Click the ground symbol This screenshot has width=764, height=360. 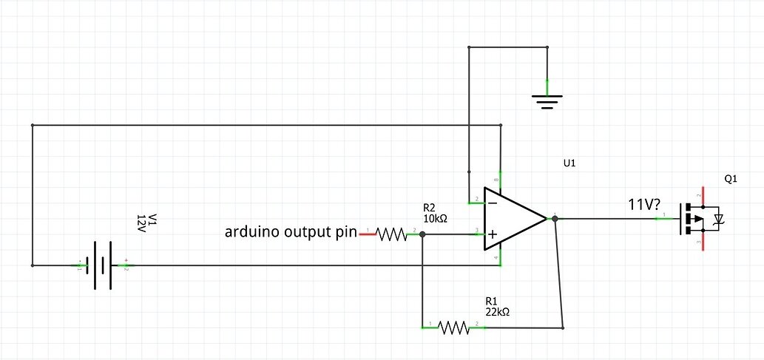click(547, 101)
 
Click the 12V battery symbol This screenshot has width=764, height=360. click(103, 265)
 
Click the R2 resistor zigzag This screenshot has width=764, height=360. click(392, 234)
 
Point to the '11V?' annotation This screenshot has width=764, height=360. click(644, 205)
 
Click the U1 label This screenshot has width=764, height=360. click(569, 162)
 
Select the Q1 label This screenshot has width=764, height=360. click(731, 180)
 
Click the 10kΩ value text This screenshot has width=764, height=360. click(435, 219)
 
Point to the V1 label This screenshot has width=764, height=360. click(153, 220)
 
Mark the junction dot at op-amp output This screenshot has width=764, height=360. click(555, 218)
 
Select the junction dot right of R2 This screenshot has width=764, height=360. click(422, 234)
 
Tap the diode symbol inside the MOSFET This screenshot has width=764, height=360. click(717, 220)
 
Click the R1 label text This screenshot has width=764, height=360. click(491, 302)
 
